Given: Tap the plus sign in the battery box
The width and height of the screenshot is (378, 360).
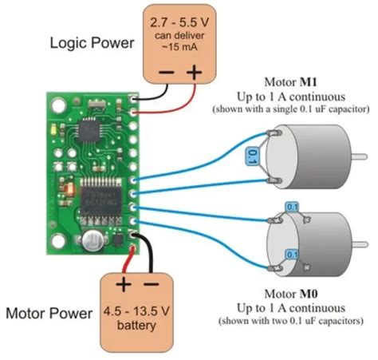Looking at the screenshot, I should click(x=124, y=285).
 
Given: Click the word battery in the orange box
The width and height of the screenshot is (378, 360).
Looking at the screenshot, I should click(x=139, y=326).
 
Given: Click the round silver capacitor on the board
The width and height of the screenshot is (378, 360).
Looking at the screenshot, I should click(x=95, y=237).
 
